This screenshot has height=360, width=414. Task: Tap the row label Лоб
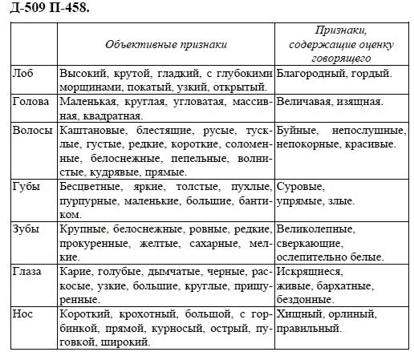[x=25, y=72]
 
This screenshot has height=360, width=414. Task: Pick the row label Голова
[x=32, y=102]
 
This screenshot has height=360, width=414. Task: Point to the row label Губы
[x=28, y=187]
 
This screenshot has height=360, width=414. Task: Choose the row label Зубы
[x=27, y=229]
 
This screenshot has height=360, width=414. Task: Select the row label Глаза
[x=29, y=271]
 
